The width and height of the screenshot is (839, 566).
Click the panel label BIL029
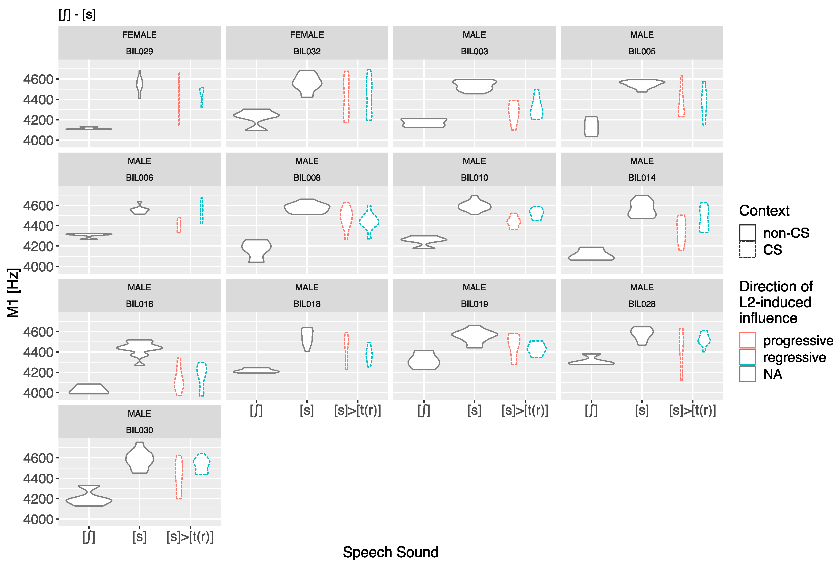coord(139,51)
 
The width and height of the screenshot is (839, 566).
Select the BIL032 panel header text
coord(307,51)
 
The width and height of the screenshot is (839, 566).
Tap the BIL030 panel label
coord(139,430)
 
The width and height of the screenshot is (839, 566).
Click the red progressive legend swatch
coord(747,340)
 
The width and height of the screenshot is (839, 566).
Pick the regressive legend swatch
coord(747,357)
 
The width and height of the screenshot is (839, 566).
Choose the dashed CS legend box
coord(747,249)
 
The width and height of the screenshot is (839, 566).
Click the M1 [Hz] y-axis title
coord(13,293)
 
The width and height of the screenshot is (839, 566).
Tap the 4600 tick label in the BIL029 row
coord(38,79)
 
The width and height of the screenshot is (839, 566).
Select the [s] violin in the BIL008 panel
coord(307,207)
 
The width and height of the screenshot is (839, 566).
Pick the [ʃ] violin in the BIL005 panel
coord(591,127)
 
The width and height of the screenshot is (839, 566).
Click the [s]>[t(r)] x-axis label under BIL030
coord(190,537)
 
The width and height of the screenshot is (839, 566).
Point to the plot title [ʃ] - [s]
coord(77,15)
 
